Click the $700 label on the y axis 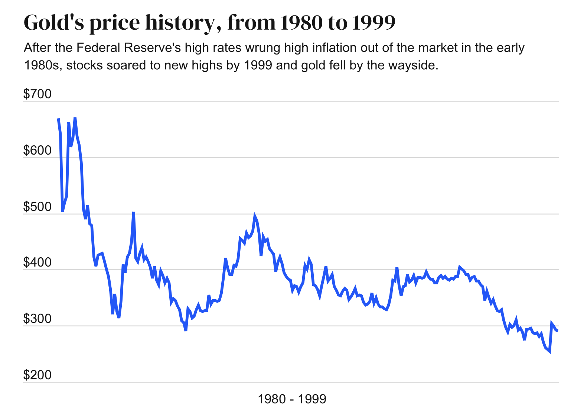(37, 95)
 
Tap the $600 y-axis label (37, 151)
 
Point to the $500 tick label (37, 207)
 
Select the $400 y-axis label (37, 263)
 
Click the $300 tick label (37, 319)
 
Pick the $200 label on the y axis (37, 376)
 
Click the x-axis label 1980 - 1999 (292, 399)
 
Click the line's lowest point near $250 (549, 352)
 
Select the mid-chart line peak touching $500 (255, 215)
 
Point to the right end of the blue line (557, 330)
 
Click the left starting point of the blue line (58, 119)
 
